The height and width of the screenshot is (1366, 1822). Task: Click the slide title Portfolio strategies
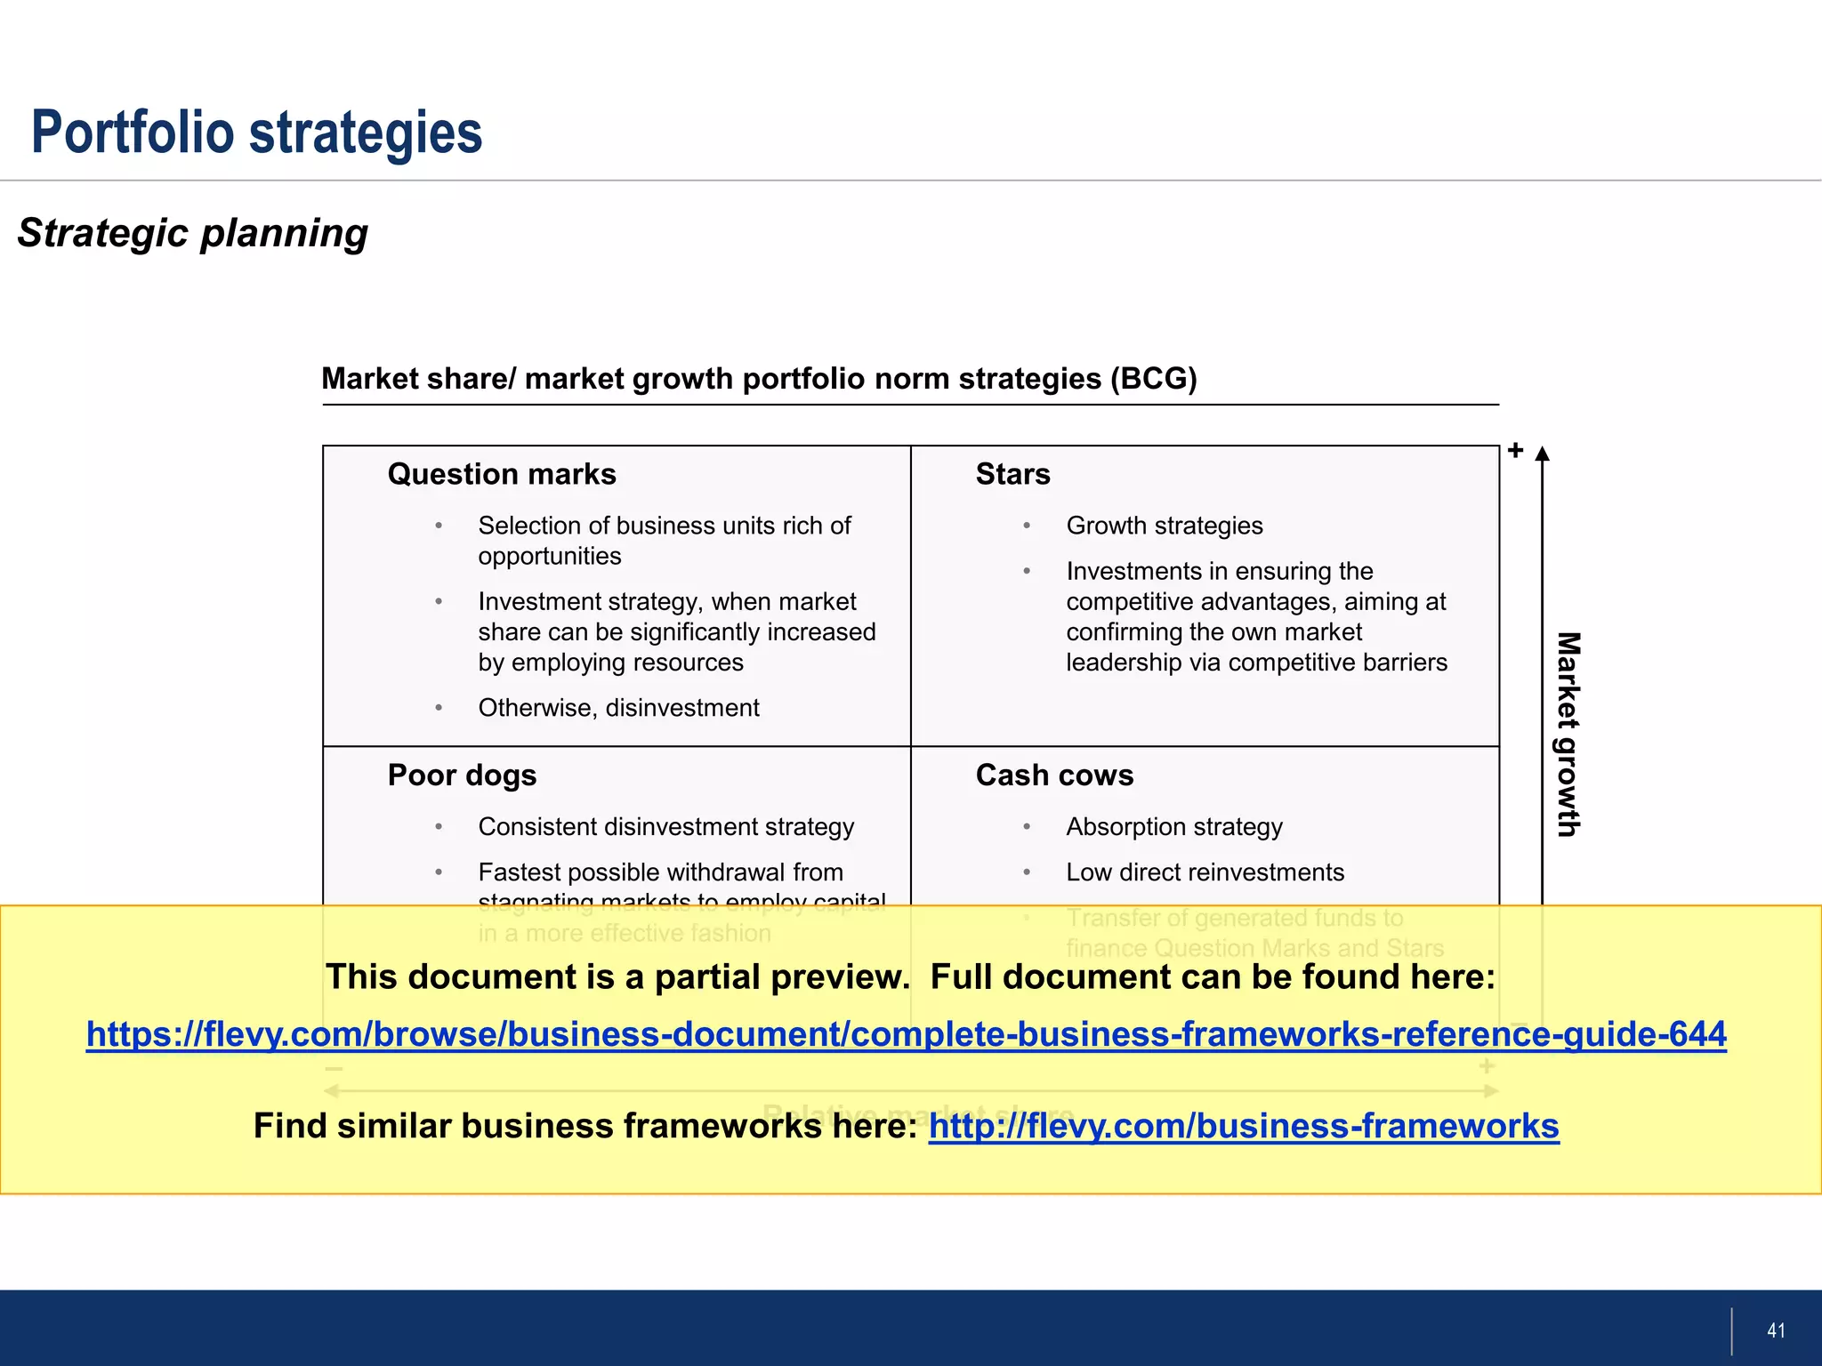click(256, 133)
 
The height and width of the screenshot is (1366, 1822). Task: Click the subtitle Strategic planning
click(192, 233)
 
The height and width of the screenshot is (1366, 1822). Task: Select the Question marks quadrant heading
click(502, 474)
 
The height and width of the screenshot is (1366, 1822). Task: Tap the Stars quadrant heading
click(1012, 474)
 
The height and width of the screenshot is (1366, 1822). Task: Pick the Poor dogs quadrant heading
click(462, 775)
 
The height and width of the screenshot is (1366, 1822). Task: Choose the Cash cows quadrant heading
click(1054, 775)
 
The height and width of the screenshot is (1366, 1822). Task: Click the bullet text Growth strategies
click(1164, 526)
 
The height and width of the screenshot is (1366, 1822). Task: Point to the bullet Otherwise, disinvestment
click(618, 708)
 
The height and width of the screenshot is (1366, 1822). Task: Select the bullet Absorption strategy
click(1174, 827)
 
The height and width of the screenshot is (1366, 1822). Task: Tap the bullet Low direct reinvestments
click(1205, 872)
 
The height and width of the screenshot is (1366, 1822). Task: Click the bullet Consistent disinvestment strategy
click(665, 827)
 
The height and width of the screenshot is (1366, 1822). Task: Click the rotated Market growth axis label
click(1568, 734)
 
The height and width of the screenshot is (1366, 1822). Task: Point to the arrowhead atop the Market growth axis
click(1543, 454)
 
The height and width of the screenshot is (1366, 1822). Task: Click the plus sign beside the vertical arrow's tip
click(1516, 450)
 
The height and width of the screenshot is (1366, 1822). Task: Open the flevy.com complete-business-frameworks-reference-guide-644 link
click(906, 1034)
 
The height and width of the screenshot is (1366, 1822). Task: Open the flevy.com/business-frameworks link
click(1244, 1126)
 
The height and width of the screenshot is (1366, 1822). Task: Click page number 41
click(1776, 1330)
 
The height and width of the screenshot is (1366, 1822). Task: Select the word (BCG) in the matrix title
click(1153, 379)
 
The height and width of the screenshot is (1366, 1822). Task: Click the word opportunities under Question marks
click(549, 557)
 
